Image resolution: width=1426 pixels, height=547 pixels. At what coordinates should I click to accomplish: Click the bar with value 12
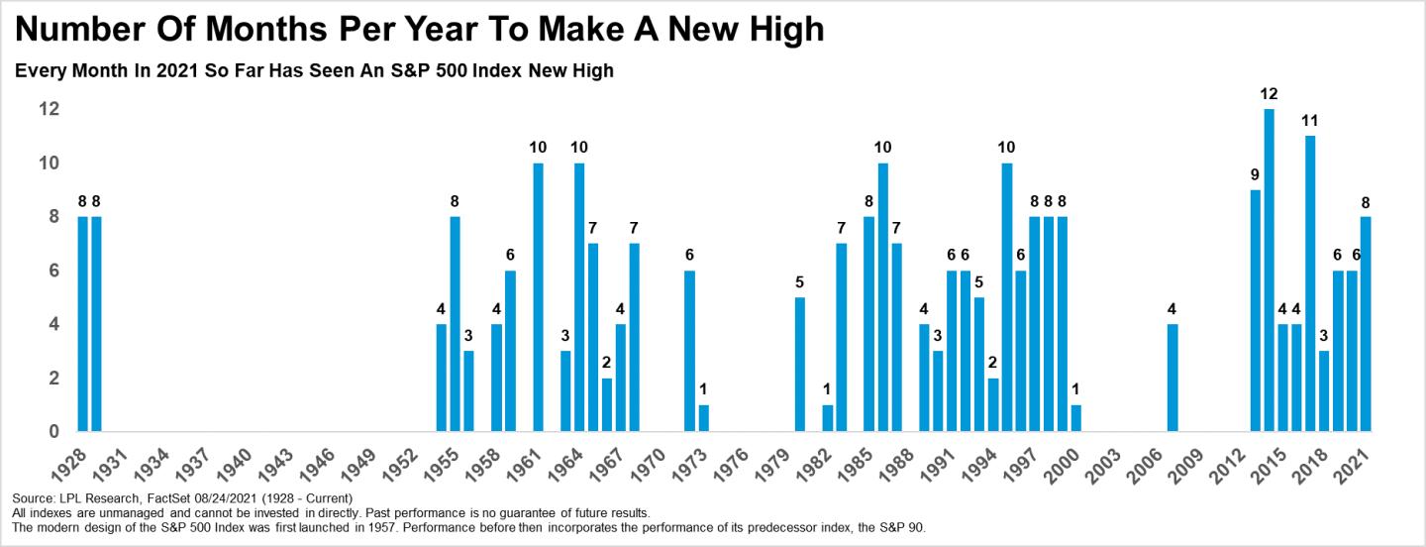click(1269, 270)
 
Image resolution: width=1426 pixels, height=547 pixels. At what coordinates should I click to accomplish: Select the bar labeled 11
click(1310, 283)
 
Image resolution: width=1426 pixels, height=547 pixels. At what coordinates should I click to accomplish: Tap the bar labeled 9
click(1256, 311)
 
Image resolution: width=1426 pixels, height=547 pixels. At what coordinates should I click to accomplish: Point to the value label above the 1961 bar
click(538, 148)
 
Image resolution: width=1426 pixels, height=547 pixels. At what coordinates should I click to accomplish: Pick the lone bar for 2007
click(1172, 378)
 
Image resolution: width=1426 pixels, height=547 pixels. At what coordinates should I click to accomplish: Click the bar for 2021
click(1366, 324)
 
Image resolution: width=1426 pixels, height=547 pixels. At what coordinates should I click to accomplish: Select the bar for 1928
click(83, 324)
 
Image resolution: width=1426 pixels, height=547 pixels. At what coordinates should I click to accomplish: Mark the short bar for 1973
click(703, 418)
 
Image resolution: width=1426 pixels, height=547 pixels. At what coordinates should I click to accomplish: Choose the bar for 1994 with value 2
click(993, 405)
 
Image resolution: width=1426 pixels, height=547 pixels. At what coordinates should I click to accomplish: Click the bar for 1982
click(828, 418)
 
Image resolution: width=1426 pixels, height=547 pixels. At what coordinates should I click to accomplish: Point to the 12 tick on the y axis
click(50, 109)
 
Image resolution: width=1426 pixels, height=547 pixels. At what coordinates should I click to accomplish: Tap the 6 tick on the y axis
click(53, 271)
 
